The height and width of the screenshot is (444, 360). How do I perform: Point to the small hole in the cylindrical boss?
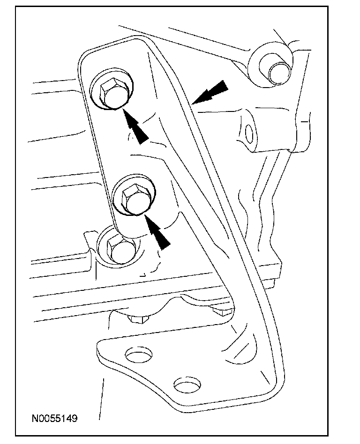click(x=249, y=133)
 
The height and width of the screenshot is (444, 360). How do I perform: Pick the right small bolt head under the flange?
click(x=218, y=310)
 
